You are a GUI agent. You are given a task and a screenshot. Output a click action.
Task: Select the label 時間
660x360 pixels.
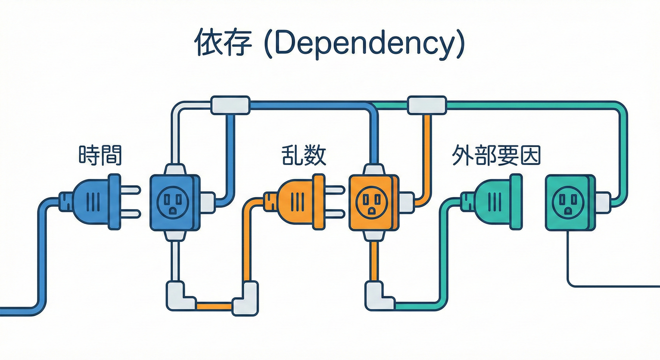pyautogui.click(x=100, y=155)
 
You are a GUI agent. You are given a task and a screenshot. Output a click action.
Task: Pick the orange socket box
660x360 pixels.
pyautogui.click(x=373, y=202)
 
